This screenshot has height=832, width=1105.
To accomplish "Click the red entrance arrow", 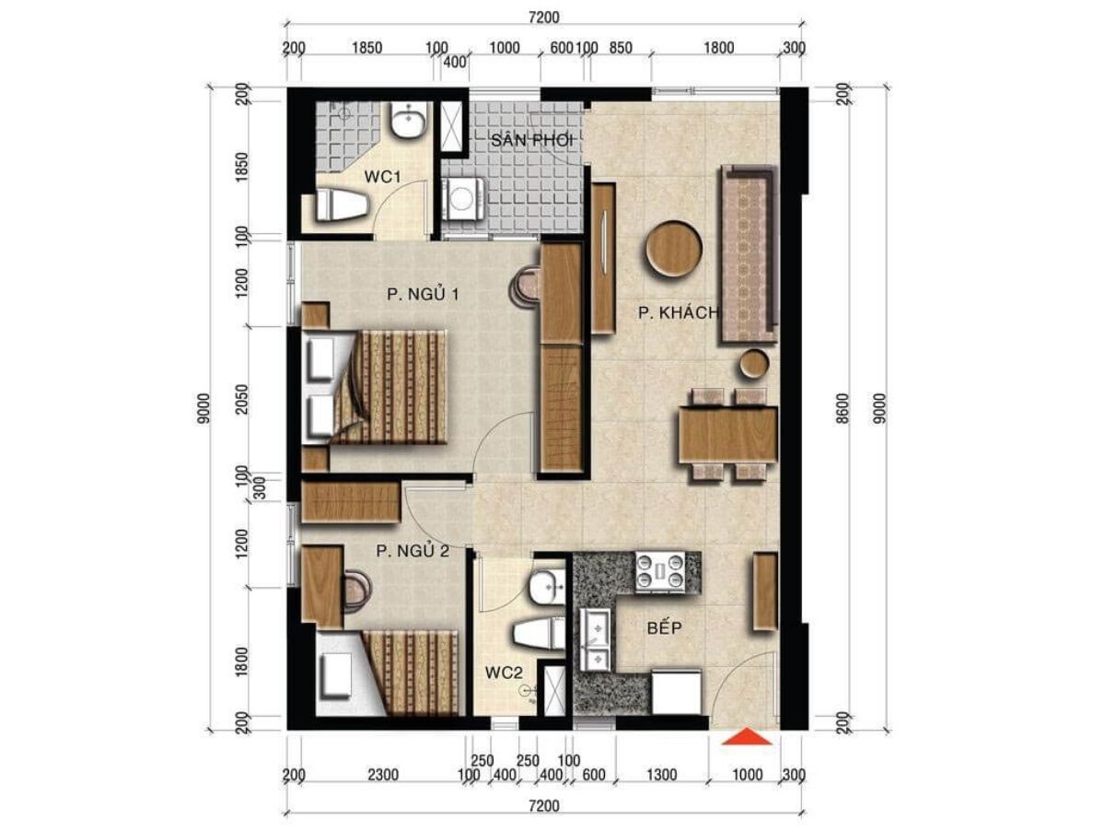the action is (747, 737).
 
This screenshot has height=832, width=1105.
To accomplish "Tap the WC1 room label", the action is (382, 176).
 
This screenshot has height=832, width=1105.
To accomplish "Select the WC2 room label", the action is (504, 673).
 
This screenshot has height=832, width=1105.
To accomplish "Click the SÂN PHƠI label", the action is (532, 141).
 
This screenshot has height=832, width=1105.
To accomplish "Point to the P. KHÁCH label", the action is (679, 312).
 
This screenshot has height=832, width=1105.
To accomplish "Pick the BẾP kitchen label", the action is (665, 628).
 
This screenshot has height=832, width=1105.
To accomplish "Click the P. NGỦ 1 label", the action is (423, 294).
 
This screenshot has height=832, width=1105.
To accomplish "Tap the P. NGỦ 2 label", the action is (413, 551).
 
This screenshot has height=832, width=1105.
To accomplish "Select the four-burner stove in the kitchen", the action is (660, 571).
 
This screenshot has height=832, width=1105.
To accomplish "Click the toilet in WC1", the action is (342, 205).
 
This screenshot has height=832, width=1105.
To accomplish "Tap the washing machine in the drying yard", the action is (463, 198).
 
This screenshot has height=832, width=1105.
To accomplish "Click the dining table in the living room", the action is (727, 436).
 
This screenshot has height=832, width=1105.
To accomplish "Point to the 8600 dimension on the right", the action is (843, 408).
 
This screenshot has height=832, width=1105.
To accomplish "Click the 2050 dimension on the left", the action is (242, 399).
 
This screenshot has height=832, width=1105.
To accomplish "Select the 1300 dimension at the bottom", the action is (661, 774).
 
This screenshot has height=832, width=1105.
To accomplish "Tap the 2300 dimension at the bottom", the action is (383, 774).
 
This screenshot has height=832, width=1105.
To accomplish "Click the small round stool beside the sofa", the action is (754, 364).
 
